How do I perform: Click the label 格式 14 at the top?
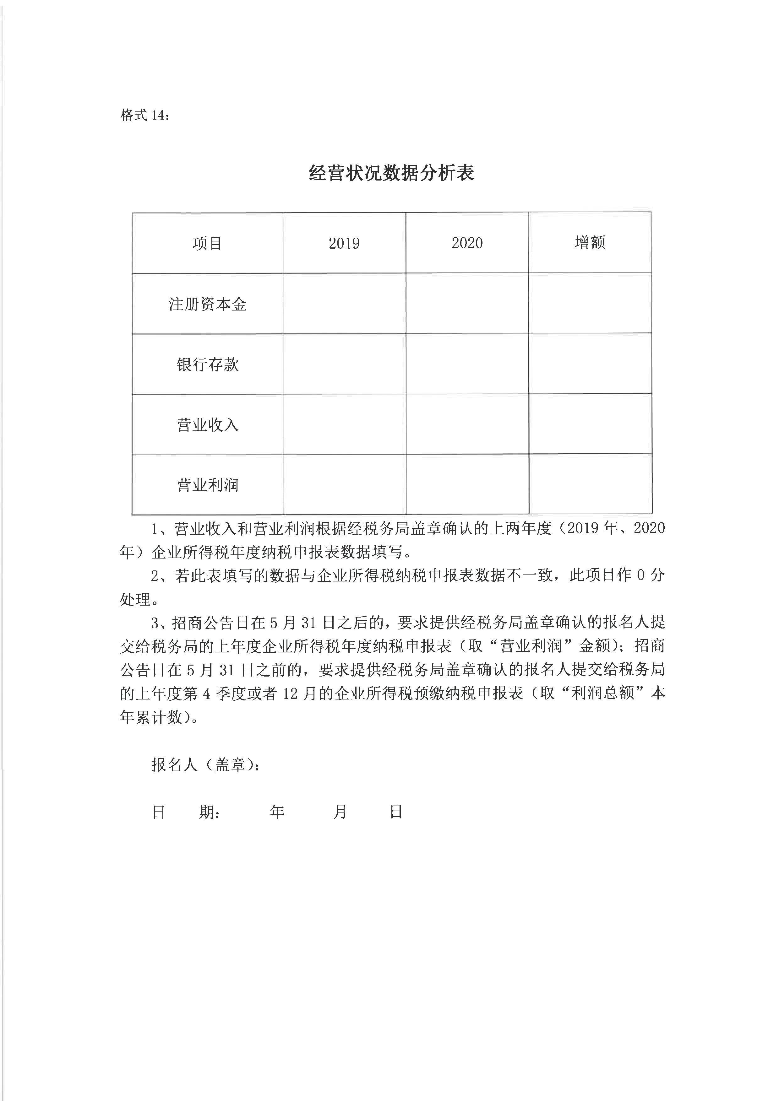tap(144, 116)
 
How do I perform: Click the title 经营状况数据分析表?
tap(391, 173)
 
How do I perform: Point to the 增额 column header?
tap(590, 243)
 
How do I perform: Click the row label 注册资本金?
tap(207, 304)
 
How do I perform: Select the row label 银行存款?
tap(207, 364)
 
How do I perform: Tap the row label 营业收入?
tap(207, 425)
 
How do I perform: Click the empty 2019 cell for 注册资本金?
tap(344, 304)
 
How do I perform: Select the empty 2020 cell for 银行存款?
tap(467, 364)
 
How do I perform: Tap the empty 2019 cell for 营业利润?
tap(344, 484)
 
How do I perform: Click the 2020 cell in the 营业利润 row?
tap(467, 484)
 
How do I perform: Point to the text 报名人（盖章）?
tap(205, 764)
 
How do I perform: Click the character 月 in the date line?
tap(340, 812)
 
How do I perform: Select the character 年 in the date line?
tap(277, 812)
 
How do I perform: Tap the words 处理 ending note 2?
tap(136, 599)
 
